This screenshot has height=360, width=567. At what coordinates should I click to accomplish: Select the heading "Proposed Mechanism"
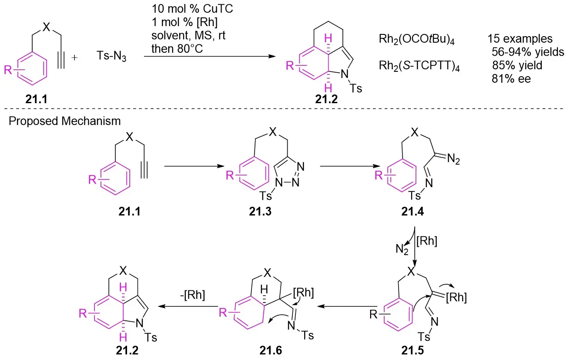point(65,121)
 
